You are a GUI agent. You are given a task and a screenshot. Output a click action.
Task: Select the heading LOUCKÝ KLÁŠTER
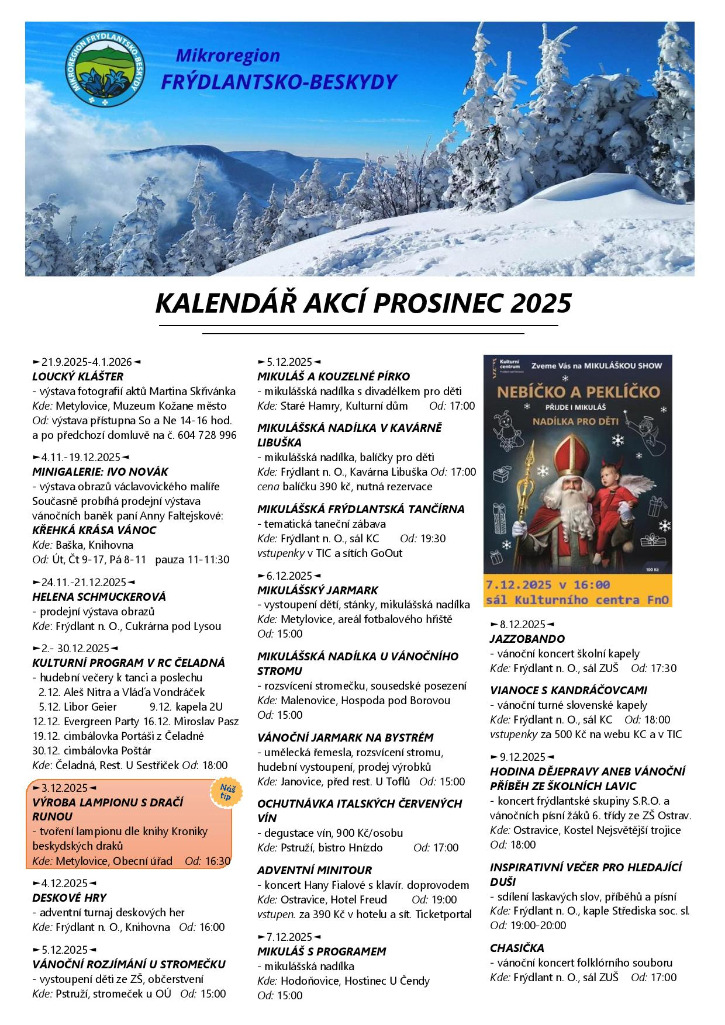(78, 376)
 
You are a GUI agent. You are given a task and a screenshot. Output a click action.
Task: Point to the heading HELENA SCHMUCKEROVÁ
(99, 597)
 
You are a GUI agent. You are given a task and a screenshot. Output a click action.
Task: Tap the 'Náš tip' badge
(225, 793)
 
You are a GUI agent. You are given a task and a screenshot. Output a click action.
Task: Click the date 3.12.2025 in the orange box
(64, 787)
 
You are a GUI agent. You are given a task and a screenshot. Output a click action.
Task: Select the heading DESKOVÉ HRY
(70, 897)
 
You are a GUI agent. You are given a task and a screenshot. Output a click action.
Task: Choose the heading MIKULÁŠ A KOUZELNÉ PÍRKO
(333, 376)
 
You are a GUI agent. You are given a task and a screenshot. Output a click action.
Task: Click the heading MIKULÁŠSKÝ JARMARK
(317, 590)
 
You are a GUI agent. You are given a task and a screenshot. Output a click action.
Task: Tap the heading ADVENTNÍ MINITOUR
(315, 870)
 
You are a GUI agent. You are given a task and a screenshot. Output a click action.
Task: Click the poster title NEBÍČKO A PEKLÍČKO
(577, 391)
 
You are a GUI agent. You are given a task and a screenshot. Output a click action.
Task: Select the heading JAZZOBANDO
(527, 639)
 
